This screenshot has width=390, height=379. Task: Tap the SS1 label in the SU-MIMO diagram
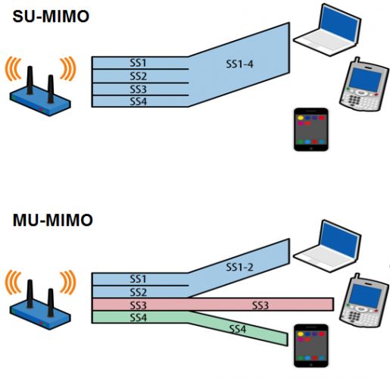tap(138, 64)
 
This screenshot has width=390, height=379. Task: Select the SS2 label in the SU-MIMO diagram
tap(138, 77)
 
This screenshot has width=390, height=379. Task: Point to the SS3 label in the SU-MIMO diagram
tap(138, 89)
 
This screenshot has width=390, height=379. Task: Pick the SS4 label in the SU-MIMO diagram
tap(138, 101)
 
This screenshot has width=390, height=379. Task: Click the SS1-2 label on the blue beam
tap(240, 267)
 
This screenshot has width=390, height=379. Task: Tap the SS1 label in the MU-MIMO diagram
tap(138, 279)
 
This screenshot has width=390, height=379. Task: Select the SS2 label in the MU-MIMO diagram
tap(138, 292)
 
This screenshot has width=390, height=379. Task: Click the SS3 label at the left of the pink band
tap(138, 304)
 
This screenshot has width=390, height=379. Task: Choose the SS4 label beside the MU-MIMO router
tap(138, 317)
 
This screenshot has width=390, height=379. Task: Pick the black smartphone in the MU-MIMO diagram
tap(310, 343)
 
